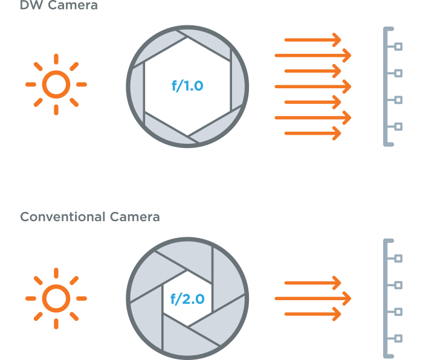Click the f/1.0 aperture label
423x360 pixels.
(x=187, y=86)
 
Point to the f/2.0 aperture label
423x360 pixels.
(x=187, y=298)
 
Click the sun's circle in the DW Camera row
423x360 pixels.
(x=56, y=85)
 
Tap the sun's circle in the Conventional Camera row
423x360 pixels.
(x=56, y=298)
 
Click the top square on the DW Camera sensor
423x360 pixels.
(x=398, y=47)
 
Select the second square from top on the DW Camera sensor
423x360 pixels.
(x=398, y=73)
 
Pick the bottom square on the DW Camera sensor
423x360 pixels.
(x=398, y=126)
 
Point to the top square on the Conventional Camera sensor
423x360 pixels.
(x=398, y=259)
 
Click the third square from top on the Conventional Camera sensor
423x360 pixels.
(x=398, y=312)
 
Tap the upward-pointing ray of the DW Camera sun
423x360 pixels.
(x=56, y=59)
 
